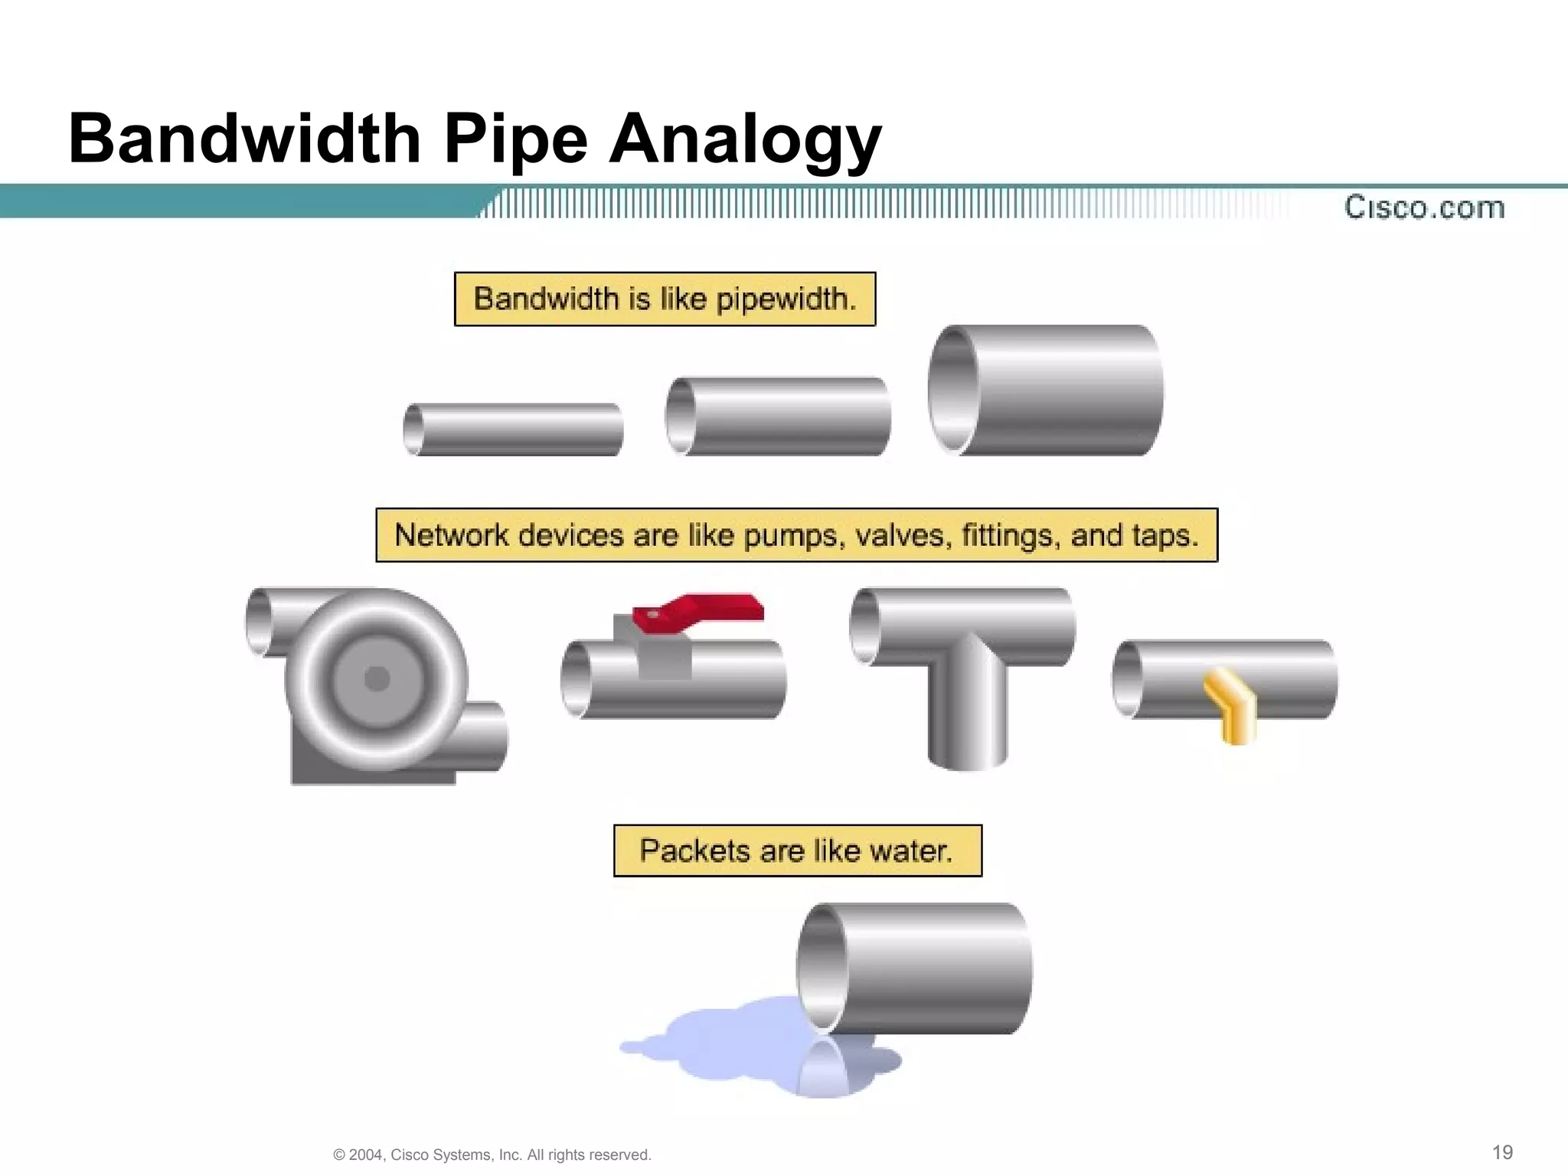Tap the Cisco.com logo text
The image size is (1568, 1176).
(1424, 207)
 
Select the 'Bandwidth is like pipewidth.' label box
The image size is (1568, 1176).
(665, 299)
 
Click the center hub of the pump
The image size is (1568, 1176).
(377, 678)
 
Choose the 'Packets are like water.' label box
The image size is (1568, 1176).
(797, 851)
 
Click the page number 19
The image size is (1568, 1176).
(1502, 1152)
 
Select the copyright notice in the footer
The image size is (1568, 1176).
(492, 1155)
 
